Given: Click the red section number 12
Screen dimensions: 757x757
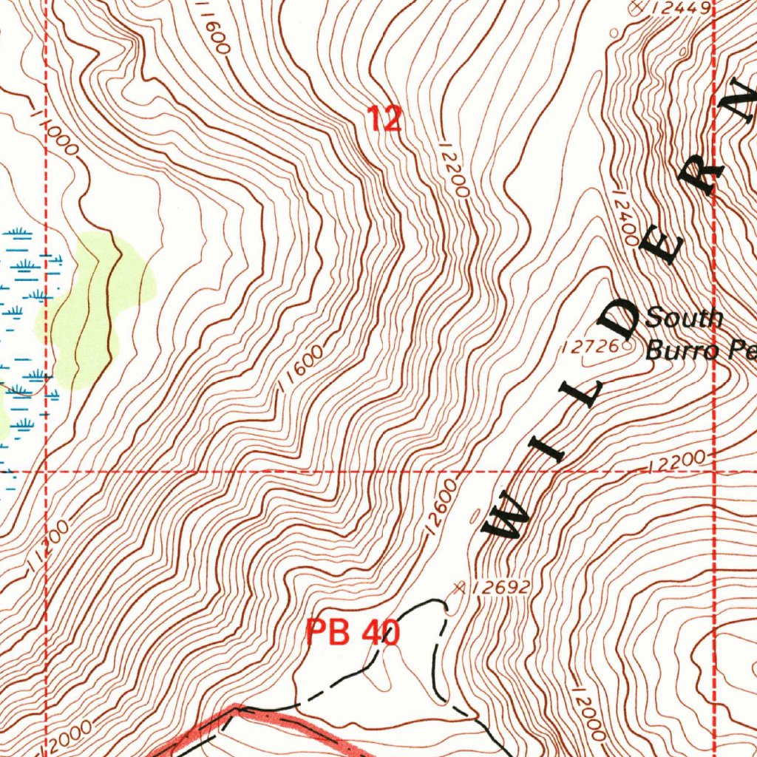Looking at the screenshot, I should click(384, 118).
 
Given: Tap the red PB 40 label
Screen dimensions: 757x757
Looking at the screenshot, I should click(353, 633).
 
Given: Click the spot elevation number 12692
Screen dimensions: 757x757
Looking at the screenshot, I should click(500, 588).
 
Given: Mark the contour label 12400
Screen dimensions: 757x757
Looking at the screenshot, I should click(625, 214).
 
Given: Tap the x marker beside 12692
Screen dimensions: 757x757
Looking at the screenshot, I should click(460, 588).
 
